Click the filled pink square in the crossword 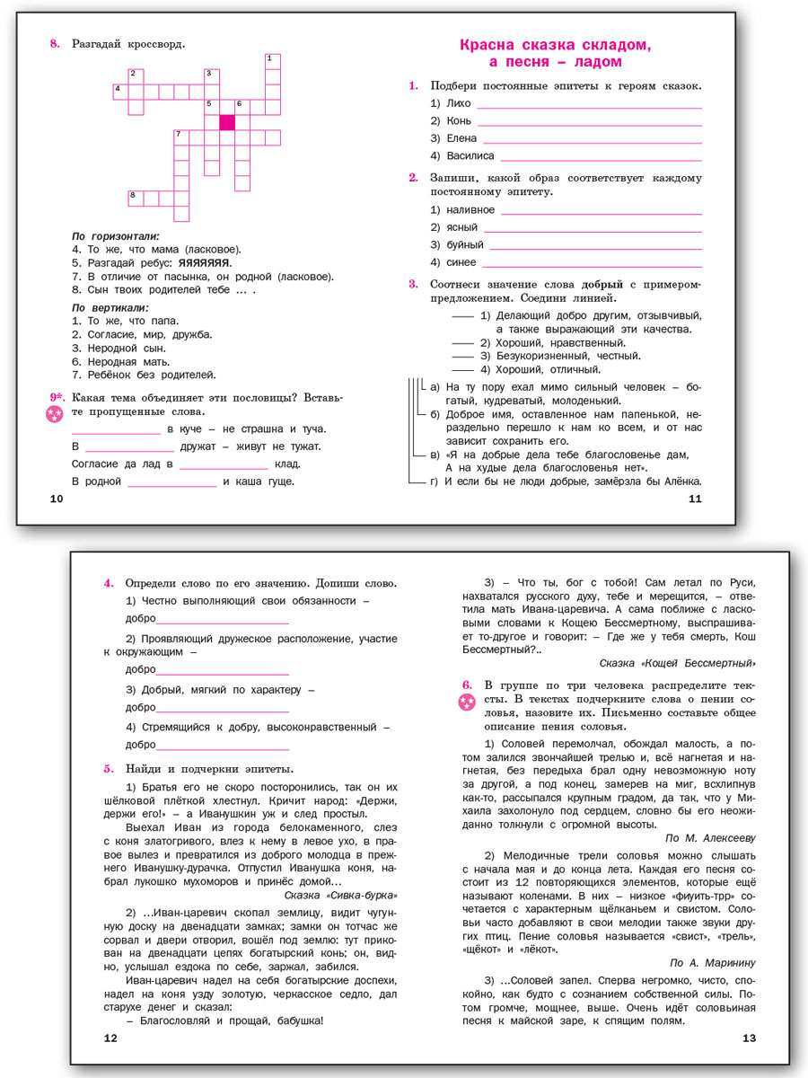(x=227, y=122)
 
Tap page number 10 (x=56, y=499)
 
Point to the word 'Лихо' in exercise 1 (x=458, y=103)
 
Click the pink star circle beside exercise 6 (x=466, y=702)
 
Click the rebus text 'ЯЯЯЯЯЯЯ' (x=205, y=263)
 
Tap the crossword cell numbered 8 (x=136, y=198)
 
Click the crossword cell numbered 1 (x=272, y=61)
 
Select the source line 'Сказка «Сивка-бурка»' (x=339, y=896)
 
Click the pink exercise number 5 (x=109, y=768)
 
